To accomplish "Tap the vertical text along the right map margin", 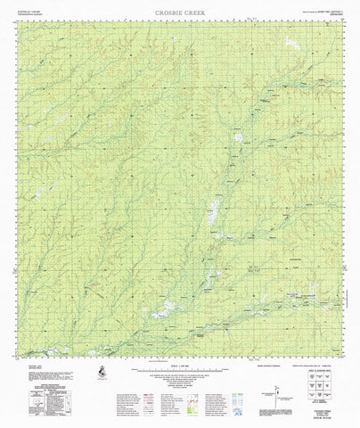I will [349, 214].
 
